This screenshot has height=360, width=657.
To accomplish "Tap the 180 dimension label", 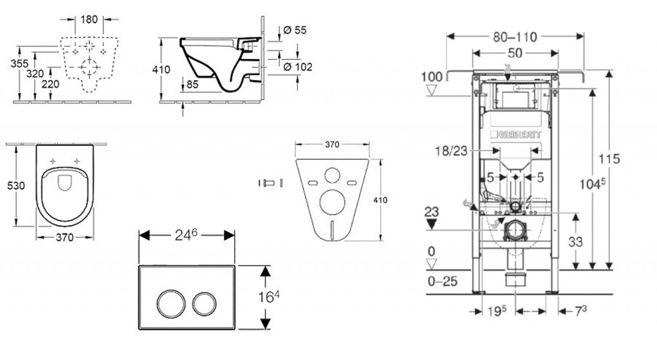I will coord(89,20).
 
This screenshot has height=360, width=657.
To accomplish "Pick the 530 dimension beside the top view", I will coord(15,185).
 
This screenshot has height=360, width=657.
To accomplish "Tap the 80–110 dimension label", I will coord(515,37).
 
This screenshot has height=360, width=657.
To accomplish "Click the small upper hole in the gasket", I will coord(332,175).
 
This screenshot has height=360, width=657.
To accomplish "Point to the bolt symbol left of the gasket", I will coord(269,183).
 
